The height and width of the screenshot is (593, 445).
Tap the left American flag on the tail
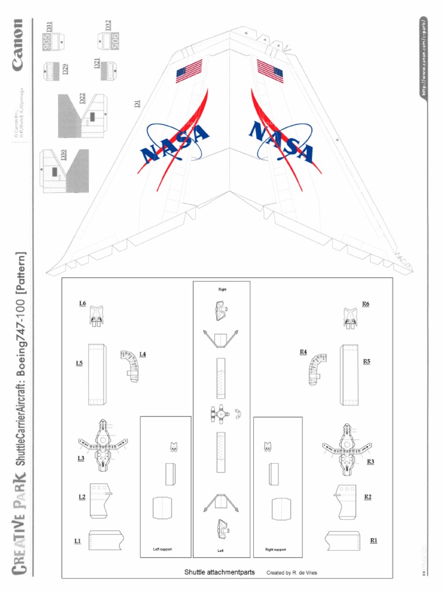189,71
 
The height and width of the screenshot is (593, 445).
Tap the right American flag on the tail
270,71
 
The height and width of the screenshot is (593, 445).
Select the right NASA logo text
281,142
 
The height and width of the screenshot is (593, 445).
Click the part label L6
82,303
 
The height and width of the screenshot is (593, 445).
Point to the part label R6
366,303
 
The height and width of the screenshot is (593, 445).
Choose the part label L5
79,363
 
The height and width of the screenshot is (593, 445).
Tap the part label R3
370,462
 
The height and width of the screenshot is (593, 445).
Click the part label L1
77,541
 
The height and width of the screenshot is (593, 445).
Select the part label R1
374,540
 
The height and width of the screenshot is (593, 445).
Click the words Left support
162,549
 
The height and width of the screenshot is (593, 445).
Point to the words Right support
275,549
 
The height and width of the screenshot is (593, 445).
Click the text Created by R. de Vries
291,573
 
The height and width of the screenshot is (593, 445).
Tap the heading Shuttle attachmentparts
219,572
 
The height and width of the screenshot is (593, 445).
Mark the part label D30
63,155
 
